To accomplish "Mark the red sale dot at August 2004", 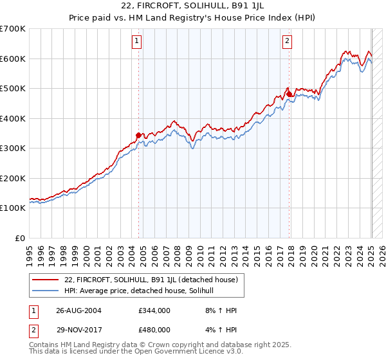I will [138, 135].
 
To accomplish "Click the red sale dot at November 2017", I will [289, 94].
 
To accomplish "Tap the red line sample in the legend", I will [46, 280].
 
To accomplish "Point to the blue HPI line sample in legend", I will [46, 291].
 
